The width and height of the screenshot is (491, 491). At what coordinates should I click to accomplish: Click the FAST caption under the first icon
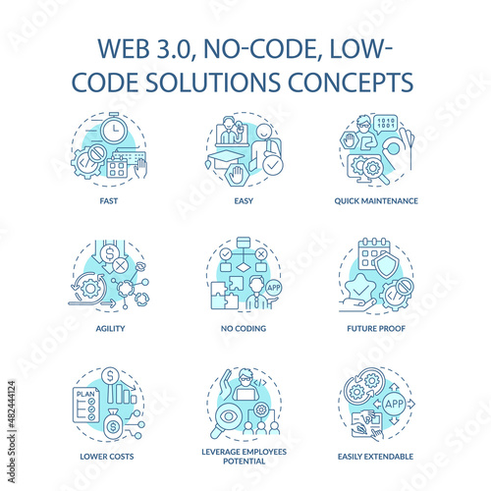109,201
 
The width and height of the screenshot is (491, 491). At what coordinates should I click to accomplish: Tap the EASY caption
244,201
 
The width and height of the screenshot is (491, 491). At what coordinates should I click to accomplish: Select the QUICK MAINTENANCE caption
376,201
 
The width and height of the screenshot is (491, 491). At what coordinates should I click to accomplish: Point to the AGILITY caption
110,328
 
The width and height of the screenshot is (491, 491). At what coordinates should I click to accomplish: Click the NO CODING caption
244,328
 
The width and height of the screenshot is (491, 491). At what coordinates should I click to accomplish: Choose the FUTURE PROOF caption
376,328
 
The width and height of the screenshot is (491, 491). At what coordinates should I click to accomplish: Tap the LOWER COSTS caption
107,457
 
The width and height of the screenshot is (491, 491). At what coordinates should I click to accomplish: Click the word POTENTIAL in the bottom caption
245,462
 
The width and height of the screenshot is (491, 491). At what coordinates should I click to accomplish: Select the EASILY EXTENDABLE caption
375,457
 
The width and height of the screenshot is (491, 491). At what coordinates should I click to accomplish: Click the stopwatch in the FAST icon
114,129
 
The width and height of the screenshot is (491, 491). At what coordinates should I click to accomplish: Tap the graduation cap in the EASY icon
226,158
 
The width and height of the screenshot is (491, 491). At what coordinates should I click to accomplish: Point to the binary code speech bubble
386,124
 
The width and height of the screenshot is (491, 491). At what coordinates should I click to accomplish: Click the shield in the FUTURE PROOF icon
387,265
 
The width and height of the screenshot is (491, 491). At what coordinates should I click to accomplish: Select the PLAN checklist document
85,405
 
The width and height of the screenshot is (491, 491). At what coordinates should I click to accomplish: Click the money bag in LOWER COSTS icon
113,424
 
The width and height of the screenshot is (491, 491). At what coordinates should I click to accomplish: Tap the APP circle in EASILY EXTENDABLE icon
394,404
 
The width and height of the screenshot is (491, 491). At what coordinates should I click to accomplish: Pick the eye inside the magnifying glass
229,416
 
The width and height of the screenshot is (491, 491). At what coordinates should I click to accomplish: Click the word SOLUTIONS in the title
213,82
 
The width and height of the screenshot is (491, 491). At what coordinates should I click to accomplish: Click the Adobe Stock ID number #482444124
12,404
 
